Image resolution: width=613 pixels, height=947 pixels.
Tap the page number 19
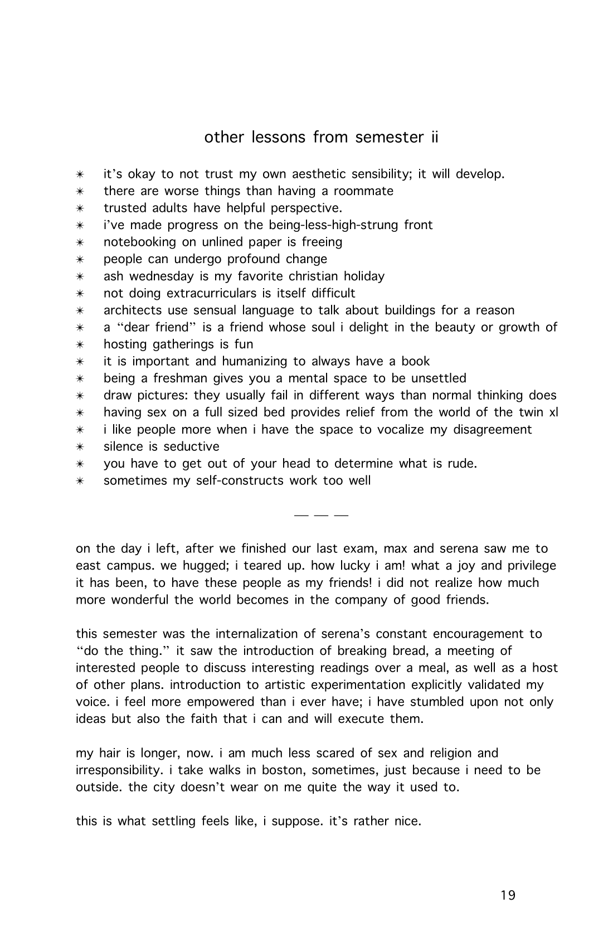pyautogui.click(x=508, y=895)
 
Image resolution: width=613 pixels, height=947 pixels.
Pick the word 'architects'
pyautogui.click(x=133, y=310)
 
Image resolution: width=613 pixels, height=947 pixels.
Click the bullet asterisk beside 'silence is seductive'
pyautogui.click(x=80, y=447)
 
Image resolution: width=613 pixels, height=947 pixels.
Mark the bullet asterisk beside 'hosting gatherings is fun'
pyautogui.click(x=80, y=344)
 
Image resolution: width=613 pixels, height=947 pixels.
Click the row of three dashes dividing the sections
pyautogui.click(x=320, y=515)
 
